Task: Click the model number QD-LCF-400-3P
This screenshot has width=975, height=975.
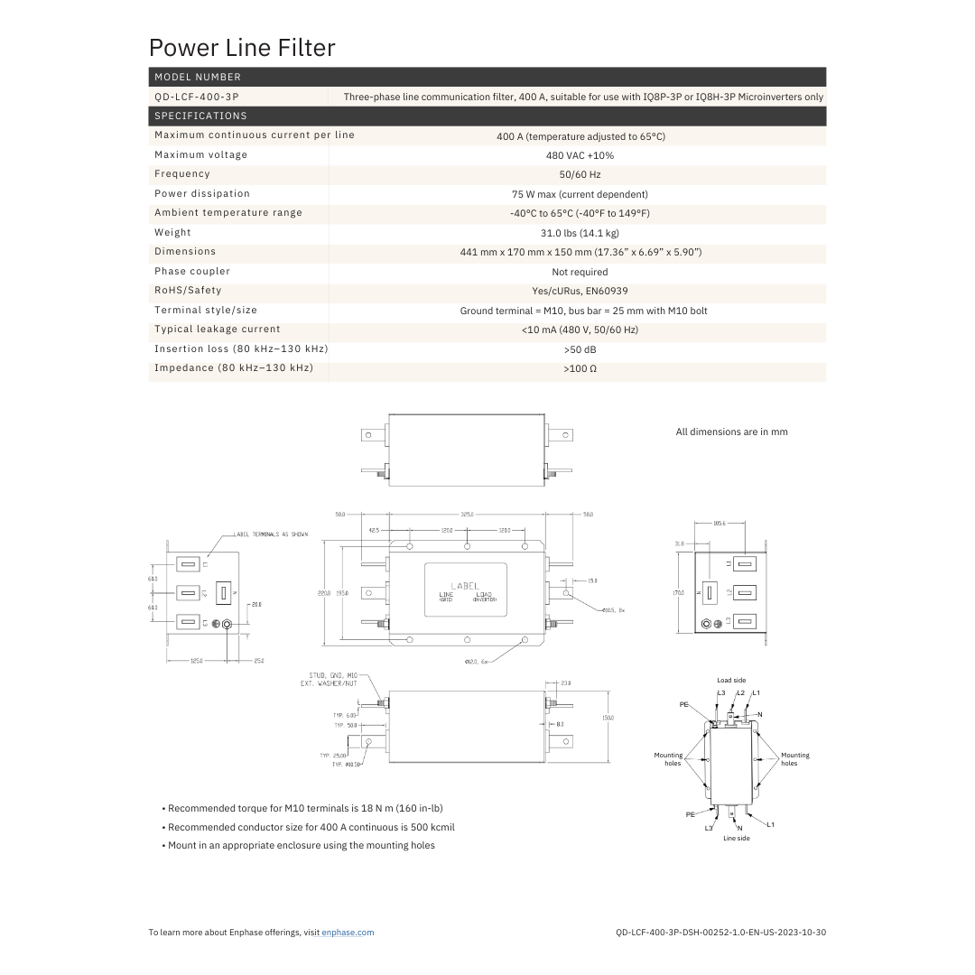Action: [x=197, y=97]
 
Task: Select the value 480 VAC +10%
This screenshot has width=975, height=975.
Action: [x=580, y=155]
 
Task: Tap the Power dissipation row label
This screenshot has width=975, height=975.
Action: [x=202, y=193]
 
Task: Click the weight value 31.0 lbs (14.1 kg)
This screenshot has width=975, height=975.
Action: [x=580, y=233]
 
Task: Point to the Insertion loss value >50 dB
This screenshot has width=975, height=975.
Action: [x=580, y=349]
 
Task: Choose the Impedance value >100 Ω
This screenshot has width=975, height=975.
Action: [x=580, y=369]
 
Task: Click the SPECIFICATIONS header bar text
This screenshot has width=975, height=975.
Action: [x=200, y=116]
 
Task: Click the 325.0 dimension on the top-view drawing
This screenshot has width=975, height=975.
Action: [x=467, y=514]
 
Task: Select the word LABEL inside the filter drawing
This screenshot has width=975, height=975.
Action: [x=466, y=585]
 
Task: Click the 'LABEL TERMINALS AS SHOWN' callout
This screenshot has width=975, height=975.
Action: [x=271, y=534]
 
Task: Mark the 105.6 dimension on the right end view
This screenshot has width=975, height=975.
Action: [x=720, y=523]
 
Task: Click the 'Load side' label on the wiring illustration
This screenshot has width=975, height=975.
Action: [x=731, y=681]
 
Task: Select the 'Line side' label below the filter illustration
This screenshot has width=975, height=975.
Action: [x=736, y=839]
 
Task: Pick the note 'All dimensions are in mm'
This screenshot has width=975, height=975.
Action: [x=731, y=432]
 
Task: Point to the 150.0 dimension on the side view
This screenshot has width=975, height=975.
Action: [x=608, y=719]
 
